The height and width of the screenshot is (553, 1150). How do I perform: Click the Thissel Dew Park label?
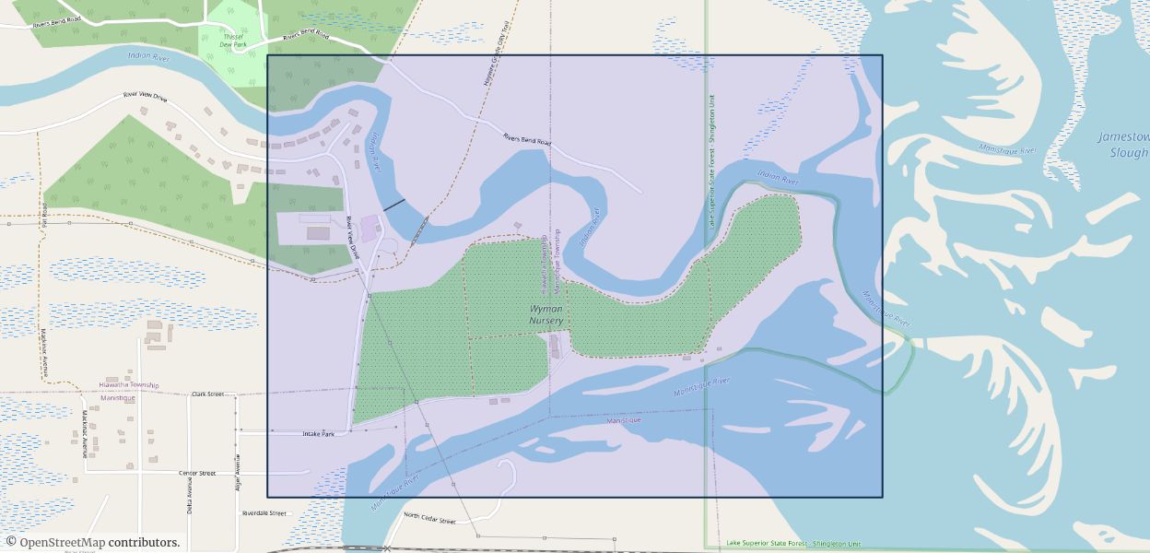point(232,41)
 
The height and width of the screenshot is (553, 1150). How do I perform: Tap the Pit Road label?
point(43,214)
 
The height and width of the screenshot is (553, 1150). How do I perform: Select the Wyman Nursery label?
point(546,314)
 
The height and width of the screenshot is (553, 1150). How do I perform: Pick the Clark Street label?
point(207,394)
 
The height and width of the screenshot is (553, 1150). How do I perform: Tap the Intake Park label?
point(319,433)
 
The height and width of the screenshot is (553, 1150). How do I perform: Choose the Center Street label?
point(197,473)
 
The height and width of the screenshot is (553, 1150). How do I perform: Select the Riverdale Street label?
point(264,513)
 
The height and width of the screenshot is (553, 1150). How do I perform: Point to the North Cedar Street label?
point(430,518)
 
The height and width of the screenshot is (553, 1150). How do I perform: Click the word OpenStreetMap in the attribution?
point(62,543)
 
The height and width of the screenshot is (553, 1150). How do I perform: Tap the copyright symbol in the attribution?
point(11,543)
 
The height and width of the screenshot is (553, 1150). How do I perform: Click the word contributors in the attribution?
point(144,543)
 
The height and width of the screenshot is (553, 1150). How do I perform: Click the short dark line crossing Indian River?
point(394,204)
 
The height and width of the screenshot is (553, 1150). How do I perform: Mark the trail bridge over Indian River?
point(419,228)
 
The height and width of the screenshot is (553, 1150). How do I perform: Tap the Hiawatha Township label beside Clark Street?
point(128,385)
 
